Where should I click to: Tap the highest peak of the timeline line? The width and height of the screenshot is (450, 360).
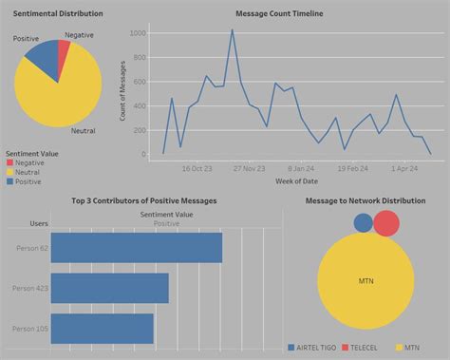point(232,29)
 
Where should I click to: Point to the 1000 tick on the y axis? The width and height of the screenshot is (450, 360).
point(138,33)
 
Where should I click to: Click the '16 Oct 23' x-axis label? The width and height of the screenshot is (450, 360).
point(197,168)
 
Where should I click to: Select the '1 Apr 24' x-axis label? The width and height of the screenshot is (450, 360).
point(403,168)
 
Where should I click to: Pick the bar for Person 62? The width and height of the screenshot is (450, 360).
point(136,247)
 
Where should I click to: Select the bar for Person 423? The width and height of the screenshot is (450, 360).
point(109,288)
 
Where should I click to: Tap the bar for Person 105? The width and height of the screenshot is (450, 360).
point(102,328)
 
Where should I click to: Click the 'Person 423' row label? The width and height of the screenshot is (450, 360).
point(27,288)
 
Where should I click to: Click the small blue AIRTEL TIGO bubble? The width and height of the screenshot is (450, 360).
point(364,223)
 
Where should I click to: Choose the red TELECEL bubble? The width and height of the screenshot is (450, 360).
point(386,223)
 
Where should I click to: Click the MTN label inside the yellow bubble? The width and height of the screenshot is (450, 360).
point(366,283)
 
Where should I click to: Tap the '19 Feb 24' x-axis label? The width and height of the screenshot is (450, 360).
point(352,168)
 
